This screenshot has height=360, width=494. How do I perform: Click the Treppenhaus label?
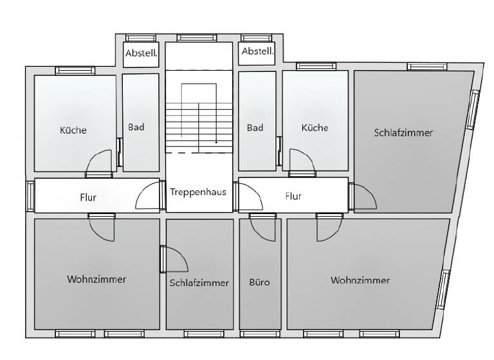click(198, 191)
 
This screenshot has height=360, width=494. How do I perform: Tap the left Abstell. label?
click(140, 54)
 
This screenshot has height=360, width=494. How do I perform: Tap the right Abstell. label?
click(257, 51)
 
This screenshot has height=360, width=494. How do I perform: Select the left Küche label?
click(73, 130)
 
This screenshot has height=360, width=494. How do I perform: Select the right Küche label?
click(315, 128)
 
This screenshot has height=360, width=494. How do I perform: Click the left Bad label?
click(136, 127)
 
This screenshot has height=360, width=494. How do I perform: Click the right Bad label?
click(255, 128)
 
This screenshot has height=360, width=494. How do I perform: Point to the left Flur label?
click(88, 197)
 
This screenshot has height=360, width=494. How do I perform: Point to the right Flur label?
click(293, 196)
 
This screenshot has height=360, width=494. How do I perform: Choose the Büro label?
click(259, 282)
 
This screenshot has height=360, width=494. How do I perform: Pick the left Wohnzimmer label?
click(96, 280)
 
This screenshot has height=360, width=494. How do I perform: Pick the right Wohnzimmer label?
click(360, 280)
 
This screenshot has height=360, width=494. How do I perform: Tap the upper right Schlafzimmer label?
click(403, 133)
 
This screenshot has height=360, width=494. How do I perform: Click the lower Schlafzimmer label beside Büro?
click(199, 283)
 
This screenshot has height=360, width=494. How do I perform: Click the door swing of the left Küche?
click(100, 163)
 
